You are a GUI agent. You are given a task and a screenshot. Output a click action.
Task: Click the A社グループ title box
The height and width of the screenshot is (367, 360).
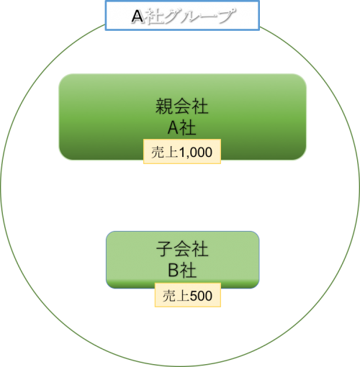(182, 16)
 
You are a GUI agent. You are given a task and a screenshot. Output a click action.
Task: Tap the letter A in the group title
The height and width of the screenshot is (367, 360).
(138, 17)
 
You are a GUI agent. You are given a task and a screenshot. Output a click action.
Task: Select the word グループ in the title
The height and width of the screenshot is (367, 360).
(199, 16)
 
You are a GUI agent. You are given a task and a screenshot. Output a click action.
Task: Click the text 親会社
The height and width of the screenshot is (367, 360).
(181, 107)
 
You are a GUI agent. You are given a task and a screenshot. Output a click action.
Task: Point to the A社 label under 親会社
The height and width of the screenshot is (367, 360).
(181, 127)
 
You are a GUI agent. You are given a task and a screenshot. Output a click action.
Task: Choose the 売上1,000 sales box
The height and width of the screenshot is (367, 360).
(182, 151)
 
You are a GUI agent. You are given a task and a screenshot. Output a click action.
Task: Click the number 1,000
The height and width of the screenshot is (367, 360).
(196, 153)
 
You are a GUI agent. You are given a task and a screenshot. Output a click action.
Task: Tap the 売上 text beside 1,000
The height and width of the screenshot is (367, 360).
(165, 152)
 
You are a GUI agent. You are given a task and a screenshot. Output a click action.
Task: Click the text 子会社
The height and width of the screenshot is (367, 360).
(182, 249)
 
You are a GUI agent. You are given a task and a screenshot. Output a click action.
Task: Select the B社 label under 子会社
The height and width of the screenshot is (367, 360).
(182, 270)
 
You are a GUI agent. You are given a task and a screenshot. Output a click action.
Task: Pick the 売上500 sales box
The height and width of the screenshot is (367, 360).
(188, 295)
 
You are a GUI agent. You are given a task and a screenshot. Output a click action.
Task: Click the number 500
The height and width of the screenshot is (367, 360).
(201, 296)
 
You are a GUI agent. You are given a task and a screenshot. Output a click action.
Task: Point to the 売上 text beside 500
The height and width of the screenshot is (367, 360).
(176, 296)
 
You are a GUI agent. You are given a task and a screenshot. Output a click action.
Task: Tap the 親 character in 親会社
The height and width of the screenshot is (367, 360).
(164, 107)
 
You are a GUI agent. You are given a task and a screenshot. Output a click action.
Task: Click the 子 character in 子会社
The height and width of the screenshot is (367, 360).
(165, 249)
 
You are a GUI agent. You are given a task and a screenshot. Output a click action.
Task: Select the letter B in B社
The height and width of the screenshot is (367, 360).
(174, 271)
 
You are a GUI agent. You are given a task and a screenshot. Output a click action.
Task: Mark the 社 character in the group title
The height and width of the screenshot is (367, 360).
(154, 17)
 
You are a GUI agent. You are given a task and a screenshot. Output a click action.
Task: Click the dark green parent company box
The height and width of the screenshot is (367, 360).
(182, 117)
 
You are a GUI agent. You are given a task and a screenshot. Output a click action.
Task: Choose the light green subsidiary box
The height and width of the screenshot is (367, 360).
(182, 260)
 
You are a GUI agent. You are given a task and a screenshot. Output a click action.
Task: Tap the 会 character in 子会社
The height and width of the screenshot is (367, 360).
(182, 249)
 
